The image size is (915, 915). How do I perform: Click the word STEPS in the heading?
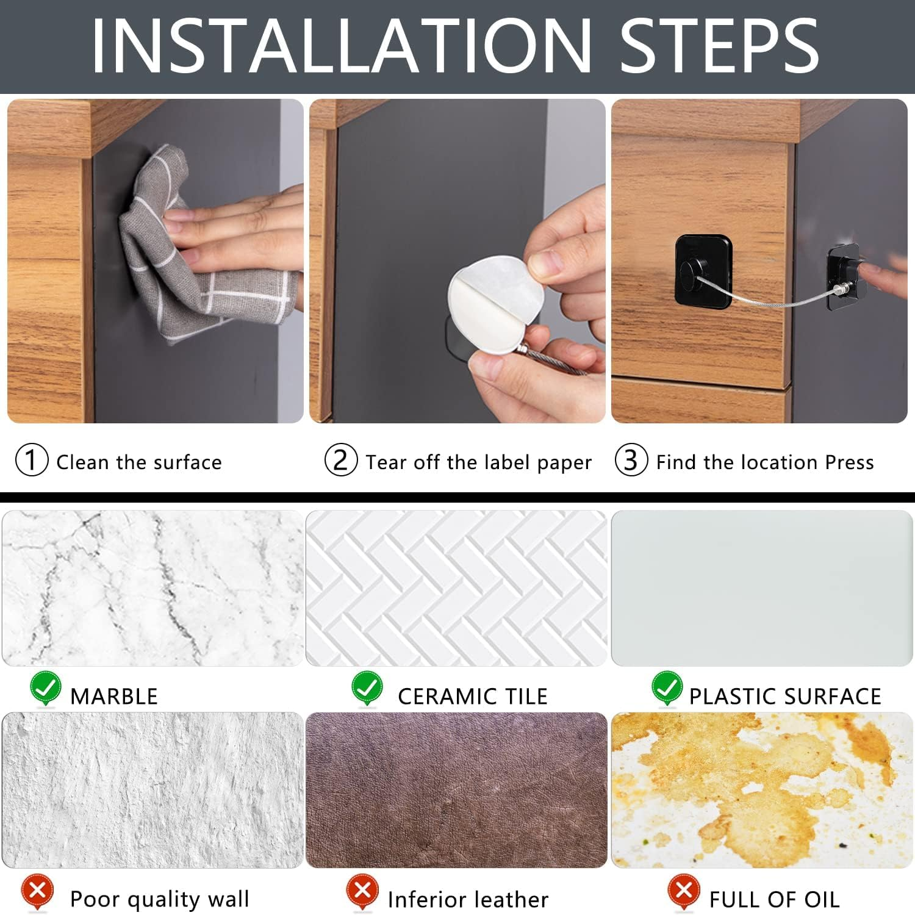pos(719,46)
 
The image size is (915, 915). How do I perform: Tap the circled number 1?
pos(31,460)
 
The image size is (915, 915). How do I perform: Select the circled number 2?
pos(340,460)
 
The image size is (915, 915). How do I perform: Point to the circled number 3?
pos(631,460)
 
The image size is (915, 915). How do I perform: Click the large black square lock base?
pos(703,271)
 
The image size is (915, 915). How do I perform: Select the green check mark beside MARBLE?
pos(46,688)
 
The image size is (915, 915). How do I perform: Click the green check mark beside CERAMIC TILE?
pos(367,688)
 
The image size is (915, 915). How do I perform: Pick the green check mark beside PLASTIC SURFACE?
pos(667,688)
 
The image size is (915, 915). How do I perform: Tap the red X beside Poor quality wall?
pos(37,892)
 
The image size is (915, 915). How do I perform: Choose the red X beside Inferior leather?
pos(362,892)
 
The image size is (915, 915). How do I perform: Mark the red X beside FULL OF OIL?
pos(684,892)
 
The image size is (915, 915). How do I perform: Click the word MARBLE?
pos(114,696)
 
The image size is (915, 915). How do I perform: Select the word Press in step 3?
pos(850,462)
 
